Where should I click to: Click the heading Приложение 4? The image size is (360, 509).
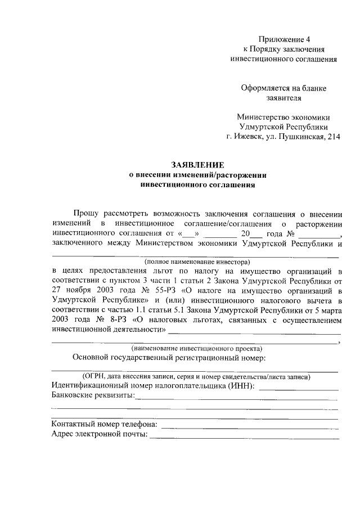coord(284,39)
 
